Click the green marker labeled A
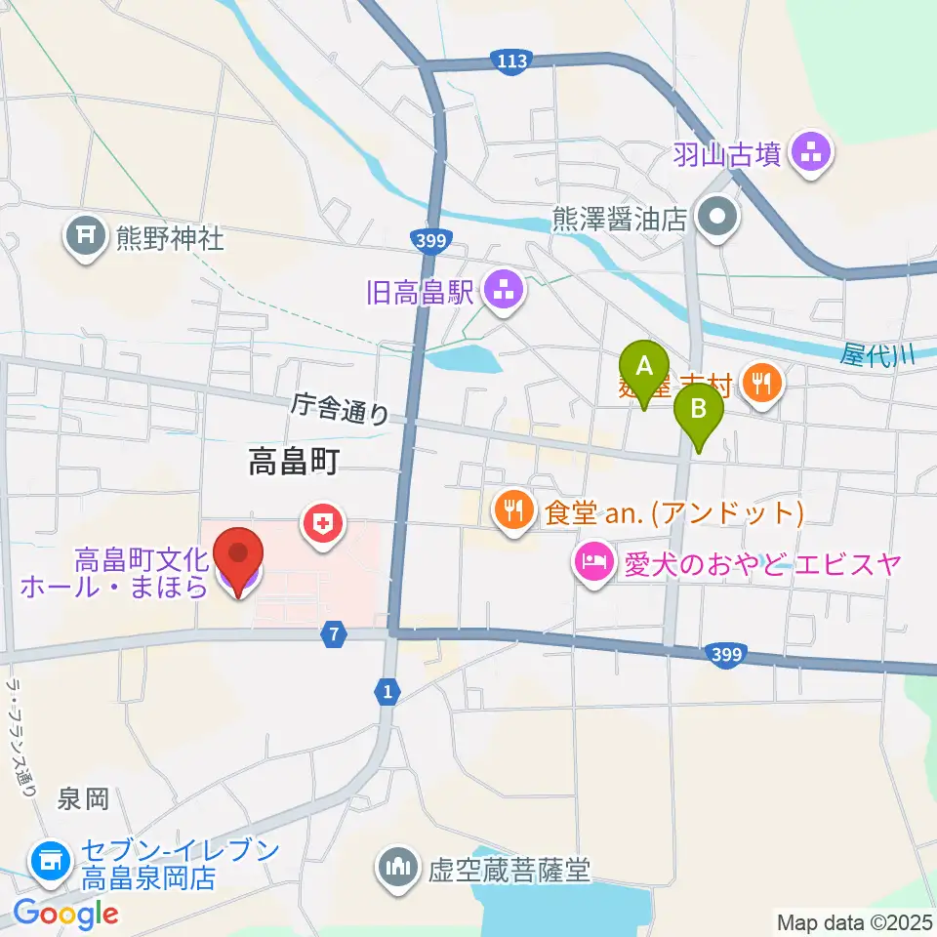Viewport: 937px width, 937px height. pos(643,370)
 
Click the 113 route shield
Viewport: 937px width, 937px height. pos(511,61)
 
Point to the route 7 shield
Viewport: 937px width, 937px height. pos(335,635)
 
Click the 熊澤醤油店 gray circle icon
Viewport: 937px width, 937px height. pos(718,217)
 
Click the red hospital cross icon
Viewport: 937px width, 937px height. pos(322,524)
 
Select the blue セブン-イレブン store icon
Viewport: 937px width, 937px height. pos(48,860)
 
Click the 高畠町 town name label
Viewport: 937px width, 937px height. pos(293,463)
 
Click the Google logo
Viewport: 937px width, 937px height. pos(65,914)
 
